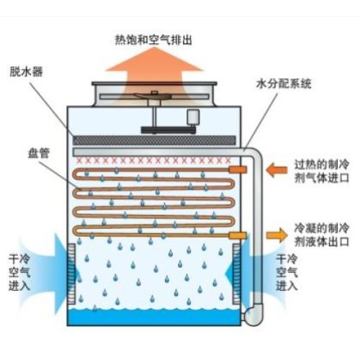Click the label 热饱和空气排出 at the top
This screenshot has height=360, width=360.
(x=153, y=40)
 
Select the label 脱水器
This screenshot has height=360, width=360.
(x=26, y=71)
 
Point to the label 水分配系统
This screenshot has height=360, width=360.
(x=284, y=84)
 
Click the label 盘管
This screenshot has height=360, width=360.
(x=39, y=153)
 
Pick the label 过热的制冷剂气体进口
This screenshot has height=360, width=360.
(x=321, y=171)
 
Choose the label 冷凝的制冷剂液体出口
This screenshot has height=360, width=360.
(x=321, y=235)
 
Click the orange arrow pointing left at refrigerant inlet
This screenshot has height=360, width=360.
(x=276, y=170)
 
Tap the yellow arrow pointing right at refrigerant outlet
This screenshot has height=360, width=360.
(x=276, y=235)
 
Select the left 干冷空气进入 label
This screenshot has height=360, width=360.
(x=19, y=273)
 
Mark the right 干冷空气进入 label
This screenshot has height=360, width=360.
(x=287, y=273)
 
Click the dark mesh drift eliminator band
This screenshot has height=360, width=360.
(x=154, y=140)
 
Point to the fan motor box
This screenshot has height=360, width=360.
(x=193, y=117)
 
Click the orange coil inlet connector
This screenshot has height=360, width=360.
(x=238, y=169)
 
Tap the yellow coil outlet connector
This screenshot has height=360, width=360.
(x=238, y=235)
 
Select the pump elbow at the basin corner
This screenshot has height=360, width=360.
(x=253, y=315)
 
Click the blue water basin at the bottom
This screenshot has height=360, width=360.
(x=154, y=317)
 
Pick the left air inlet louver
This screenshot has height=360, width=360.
(x=71, y=274)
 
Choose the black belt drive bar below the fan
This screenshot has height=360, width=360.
(x=168, y=130)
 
